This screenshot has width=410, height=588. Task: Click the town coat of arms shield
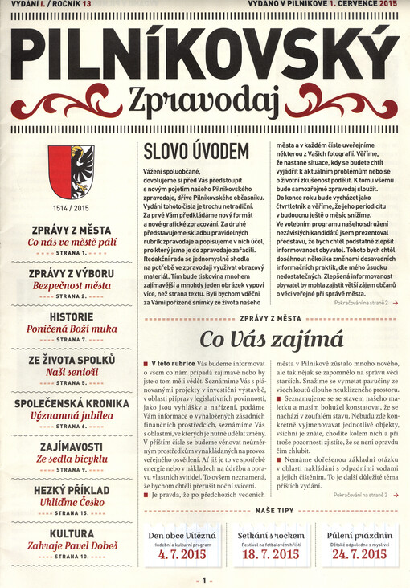[x=71, y=172]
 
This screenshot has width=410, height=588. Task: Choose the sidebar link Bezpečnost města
[x=71, y=285]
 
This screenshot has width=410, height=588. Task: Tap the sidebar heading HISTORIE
[x=71, y=318]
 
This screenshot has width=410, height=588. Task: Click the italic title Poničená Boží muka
[x=71, y=329]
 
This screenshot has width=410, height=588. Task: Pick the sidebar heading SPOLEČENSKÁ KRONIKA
[x=71, y=404]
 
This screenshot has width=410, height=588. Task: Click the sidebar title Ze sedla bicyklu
[x=71, y=458]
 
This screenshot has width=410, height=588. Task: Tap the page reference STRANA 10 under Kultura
[x=71, y=555]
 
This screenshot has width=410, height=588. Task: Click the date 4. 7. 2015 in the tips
[x=184, y=553]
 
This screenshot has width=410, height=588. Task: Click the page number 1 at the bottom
[x=206, y=579]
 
